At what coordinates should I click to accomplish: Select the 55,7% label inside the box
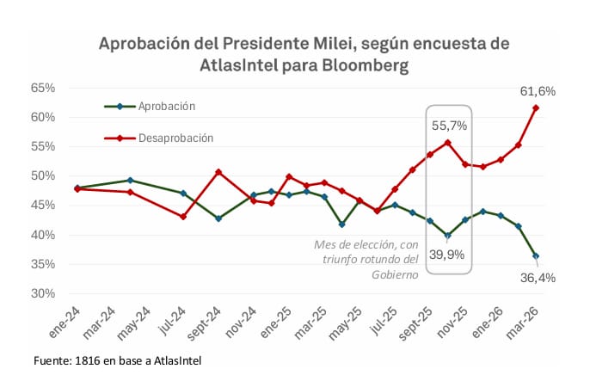449,125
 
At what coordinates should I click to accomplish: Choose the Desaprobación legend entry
175,138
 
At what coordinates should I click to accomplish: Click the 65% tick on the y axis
43,88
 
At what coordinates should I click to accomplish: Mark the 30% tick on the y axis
43,293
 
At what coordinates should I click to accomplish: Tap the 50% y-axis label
43,175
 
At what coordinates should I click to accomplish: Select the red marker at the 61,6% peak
536,108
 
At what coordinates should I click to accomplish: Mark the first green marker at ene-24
77,187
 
